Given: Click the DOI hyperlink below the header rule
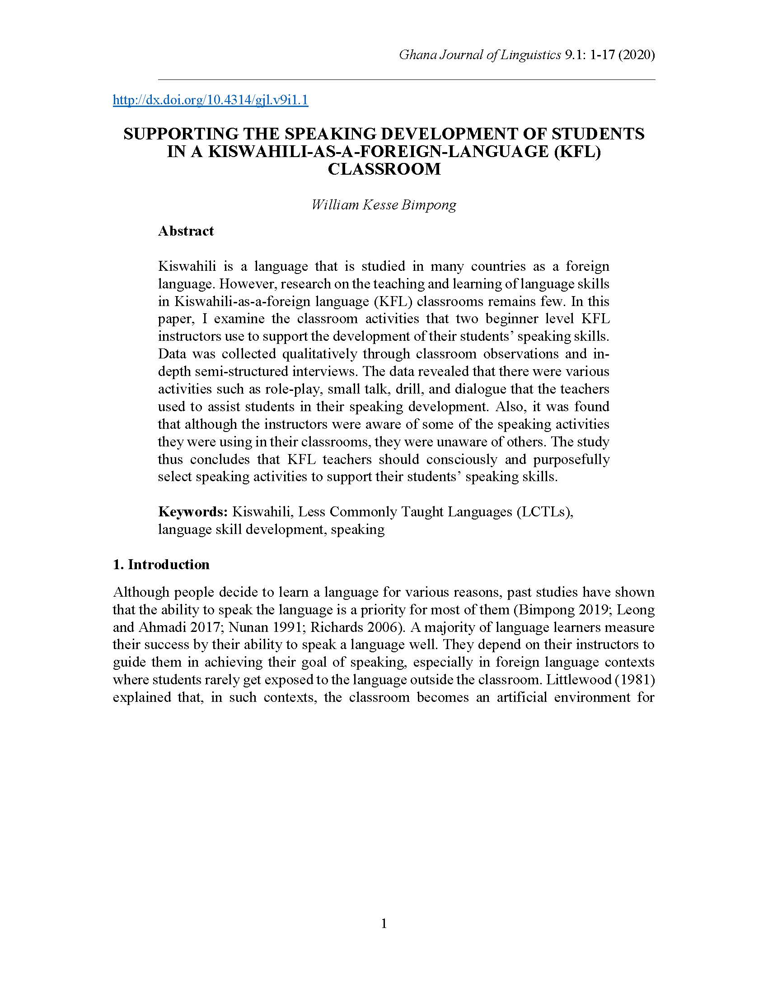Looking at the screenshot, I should [x=210, y=100].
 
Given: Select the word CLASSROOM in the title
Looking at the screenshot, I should [x=384, y=169].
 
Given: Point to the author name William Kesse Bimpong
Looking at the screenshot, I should [x=384, y=204].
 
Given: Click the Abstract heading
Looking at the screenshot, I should [x=186, y=231].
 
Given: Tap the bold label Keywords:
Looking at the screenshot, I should [x=193, y=512].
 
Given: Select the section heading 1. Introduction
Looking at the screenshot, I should [x=161, y=565].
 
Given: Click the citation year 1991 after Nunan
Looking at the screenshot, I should [x=276, y=627].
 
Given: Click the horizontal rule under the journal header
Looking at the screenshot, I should [x=406, y=79].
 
